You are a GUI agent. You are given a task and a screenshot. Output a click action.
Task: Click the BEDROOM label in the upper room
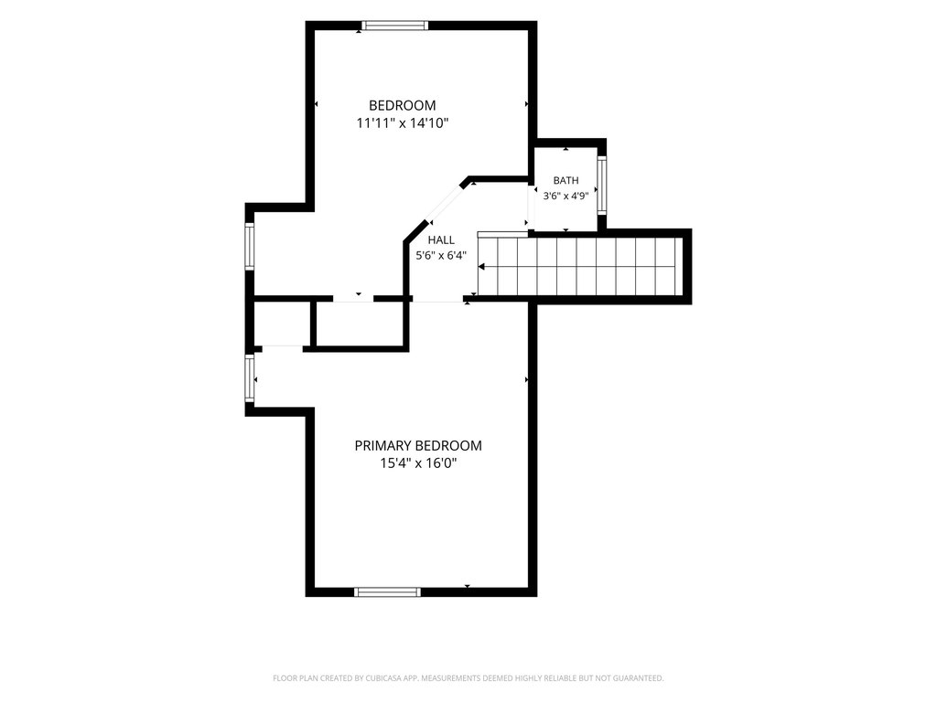pos(403,106)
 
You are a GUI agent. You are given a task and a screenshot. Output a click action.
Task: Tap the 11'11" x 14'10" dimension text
pos(403,123)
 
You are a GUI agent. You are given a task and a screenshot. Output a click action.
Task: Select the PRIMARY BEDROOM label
pos(418,445)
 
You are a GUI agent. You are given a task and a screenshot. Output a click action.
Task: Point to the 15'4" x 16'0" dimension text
pos(418,463)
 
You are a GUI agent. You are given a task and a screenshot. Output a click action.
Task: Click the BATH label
pos(565,180)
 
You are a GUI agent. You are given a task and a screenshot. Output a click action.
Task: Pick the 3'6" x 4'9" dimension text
pos(565,196)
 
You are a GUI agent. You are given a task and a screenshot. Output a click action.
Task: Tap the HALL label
pos(441,240)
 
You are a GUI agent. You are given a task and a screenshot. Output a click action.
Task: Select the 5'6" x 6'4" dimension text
pos(441,256)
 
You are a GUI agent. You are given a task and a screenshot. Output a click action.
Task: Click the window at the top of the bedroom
pos(395,26)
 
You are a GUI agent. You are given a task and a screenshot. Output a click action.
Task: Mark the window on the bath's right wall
pos(602,185)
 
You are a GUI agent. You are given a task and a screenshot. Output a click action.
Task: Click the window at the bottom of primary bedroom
pos(387,592)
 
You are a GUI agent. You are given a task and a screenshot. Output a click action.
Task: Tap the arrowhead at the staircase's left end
pos(481,266)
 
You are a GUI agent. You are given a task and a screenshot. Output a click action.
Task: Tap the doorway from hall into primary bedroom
pos(438,300)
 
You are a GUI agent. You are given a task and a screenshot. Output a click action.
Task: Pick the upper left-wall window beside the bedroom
pos(250,246)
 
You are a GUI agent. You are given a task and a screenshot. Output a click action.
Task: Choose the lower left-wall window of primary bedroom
pos(250,378)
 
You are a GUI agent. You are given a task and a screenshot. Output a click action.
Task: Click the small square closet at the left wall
pos(283,323)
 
